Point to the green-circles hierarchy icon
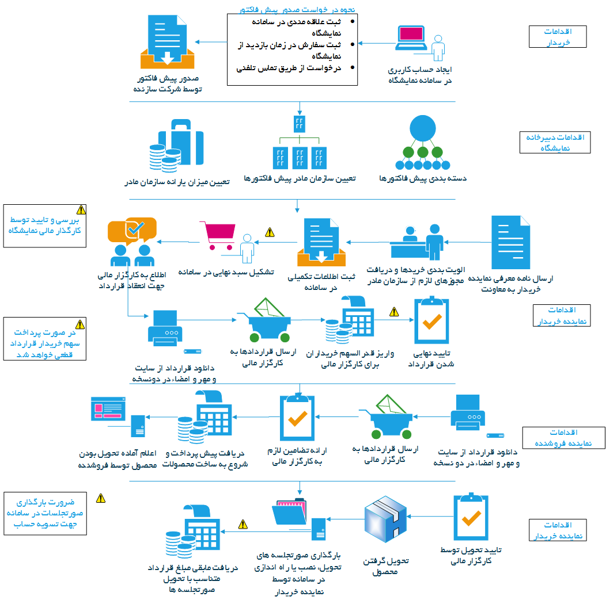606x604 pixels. point(423,140)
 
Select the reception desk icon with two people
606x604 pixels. point(416,241)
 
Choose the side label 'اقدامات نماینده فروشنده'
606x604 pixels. point(564,437)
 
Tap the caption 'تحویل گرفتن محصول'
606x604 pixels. point(385,566)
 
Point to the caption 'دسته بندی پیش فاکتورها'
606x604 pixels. point(423,178)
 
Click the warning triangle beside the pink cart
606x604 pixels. point(269,232)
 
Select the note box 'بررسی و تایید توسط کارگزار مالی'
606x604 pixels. point(45,225)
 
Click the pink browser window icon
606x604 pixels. point(108,408)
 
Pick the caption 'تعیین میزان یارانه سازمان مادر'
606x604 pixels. point(177,182)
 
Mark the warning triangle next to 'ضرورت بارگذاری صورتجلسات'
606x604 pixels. point(101,498)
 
